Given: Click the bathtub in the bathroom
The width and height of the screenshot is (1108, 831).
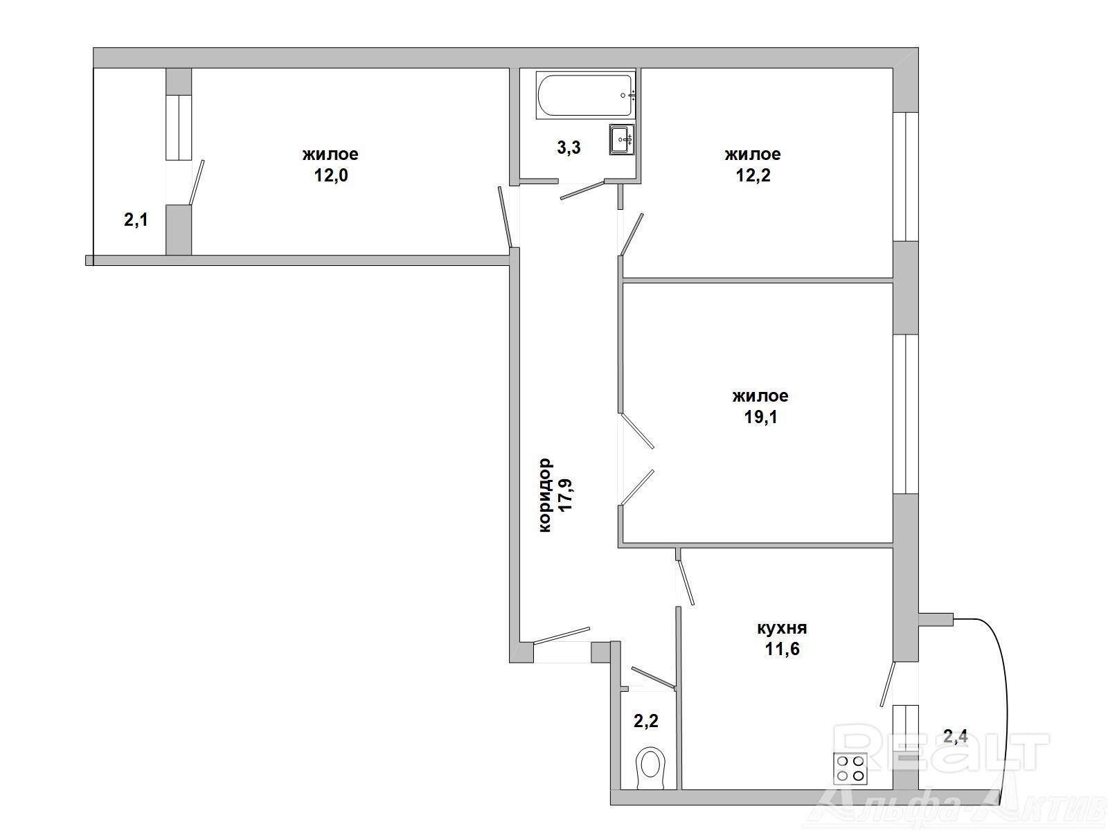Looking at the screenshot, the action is pyautogui.click(x=586, y=96).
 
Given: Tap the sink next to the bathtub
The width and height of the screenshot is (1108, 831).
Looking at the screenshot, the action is pyautogui.click(x=622, y=139).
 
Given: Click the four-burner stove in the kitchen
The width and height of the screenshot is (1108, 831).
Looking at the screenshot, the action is pyautogui.click(x=850, y=769).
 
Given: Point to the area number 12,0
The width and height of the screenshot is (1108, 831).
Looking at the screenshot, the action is pyautogui.click(x=331, y=175).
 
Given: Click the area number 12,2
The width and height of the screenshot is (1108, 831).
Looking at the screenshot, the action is pyautogui.click(x=753, y=175).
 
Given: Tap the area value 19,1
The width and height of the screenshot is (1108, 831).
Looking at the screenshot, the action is pyautogui.click(x=760, y=418).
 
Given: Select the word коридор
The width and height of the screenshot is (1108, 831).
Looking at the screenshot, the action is pyautogui.click(x=545, y=495).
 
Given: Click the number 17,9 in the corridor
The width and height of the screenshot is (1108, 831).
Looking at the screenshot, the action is pyautogui.click(x=566, y=495).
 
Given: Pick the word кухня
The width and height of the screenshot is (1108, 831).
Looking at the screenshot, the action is pyautogui.click(x=782, y=628).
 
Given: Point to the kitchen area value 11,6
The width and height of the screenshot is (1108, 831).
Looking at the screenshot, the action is pyautogui.click(x=783, y=649).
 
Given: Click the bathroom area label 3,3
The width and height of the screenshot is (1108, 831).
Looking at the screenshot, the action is pyautogui.click(x=569, y=148).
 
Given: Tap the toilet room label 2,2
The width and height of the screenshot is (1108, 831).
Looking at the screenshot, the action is pyautogui.click(x=646, y=721).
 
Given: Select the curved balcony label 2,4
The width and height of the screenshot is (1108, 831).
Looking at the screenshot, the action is pyautogui.click(x=956, y=736).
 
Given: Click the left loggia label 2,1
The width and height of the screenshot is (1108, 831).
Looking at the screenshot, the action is pyautogui.click(x=136, y=220).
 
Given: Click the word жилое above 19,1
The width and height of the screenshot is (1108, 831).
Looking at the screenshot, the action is pyautogui.click(x=760, y=396).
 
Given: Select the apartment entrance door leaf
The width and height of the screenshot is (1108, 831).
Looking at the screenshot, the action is pyautogui.click(x=562, y=636).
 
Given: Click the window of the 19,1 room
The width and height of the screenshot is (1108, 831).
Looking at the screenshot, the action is pyautogui.click(x=906, y=414).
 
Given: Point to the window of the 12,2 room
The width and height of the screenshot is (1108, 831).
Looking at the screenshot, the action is pyautogui.click(x=906, y=177).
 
